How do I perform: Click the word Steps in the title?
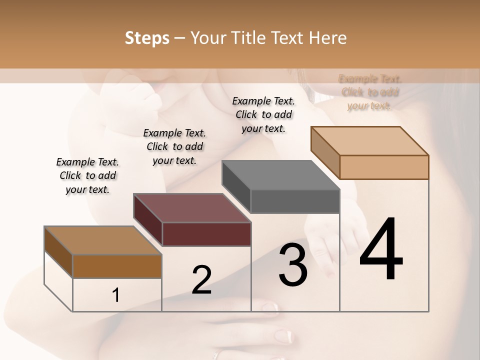click(147, 38)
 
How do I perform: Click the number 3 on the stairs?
click(292, 265)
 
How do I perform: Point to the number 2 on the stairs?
click(201, 280)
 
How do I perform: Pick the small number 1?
click(116, 295)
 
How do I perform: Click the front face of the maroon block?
click(206, 234)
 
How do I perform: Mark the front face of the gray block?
click(295, 201)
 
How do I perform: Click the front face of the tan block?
click(384, 167)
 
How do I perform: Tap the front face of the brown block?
click(117, 266)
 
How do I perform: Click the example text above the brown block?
click(87, 175)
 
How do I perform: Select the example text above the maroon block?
click(174, 146)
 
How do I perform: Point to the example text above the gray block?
click(263, 114)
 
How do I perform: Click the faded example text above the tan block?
click(370, 92)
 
